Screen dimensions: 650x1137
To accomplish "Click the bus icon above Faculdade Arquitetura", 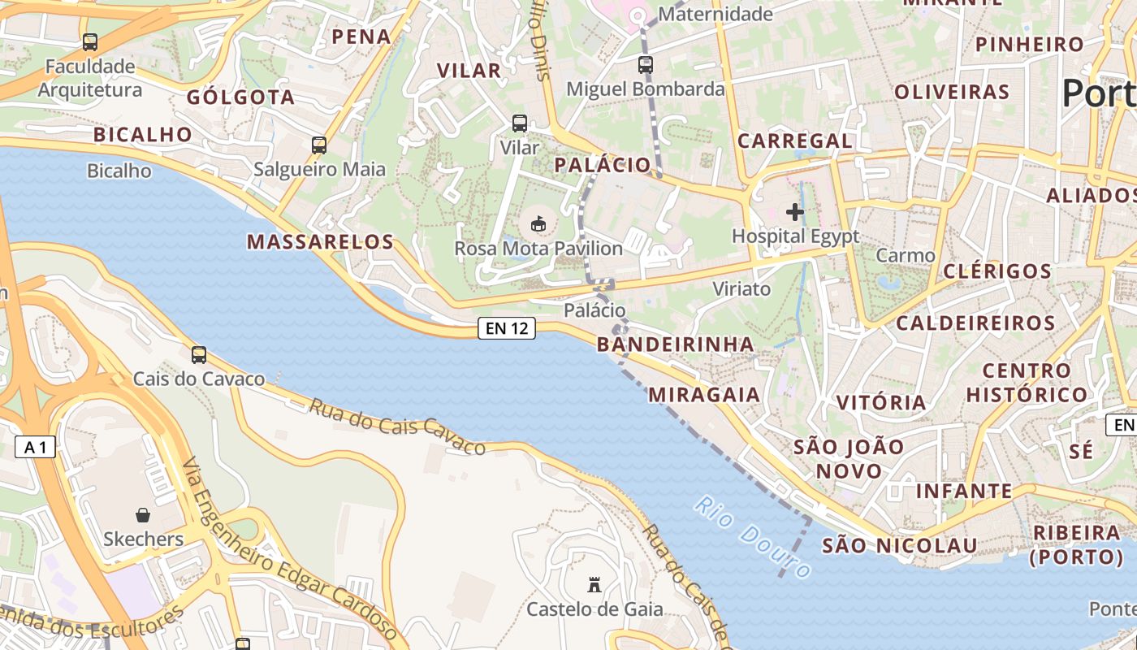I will pyautogui.click(x=90, y=41).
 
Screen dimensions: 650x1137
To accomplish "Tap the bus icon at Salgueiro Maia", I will pyautogui.click(x=319, y=145).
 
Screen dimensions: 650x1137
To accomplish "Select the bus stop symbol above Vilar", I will pyautogui.click(x=520, y=123).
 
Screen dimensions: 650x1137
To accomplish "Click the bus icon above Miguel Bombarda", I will pyautogui.click(x=646, y=64).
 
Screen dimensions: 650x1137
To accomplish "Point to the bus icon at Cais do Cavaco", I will pyautogui.click(x=199, y=354).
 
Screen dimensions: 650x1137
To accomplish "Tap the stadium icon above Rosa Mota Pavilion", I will pyautogui.click(x=538, y=223).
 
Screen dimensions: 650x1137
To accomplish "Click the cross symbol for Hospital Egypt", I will pyautogui.click(x=795, y=212).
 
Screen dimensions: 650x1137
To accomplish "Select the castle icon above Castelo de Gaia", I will pyautogui.click(x=594, y=584).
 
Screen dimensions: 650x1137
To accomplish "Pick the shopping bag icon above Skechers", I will pyautogui.click(x=143, y=515).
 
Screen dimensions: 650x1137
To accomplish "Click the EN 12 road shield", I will pyautogui.click(x=507, y=328).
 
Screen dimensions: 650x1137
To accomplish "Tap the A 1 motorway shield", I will pyautogui.click(x=35, y=447).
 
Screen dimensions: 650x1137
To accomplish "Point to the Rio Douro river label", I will pyautogui.click(x=752, y=537).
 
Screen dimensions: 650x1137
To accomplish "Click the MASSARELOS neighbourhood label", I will pyautogui.click(x=320, y=241).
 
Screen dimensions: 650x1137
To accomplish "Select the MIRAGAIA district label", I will pyautogui.click(x=704, y=395).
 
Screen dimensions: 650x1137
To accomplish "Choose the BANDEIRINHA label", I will pyautogui.click(x=676, y=344).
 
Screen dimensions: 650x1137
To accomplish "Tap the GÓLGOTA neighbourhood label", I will pyautogui.click(x=240, y=97).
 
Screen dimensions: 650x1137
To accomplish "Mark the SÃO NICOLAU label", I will pyautogui.click(x=899, y=545).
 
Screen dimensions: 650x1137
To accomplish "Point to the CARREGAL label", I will pyautogui.click(x=794, y=141).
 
